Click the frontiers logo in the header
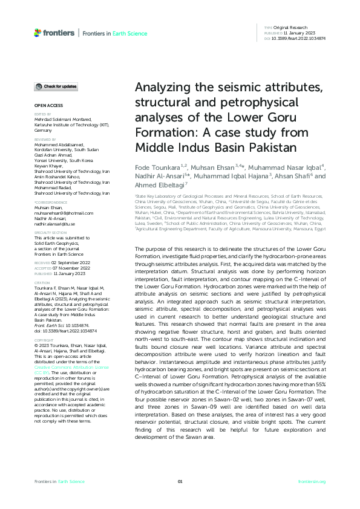coord(54,33)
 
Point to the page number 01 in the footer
coord(180,481)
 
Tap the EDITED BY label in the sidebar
coord(42,114)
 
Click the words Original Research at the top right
coord(292,28)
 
